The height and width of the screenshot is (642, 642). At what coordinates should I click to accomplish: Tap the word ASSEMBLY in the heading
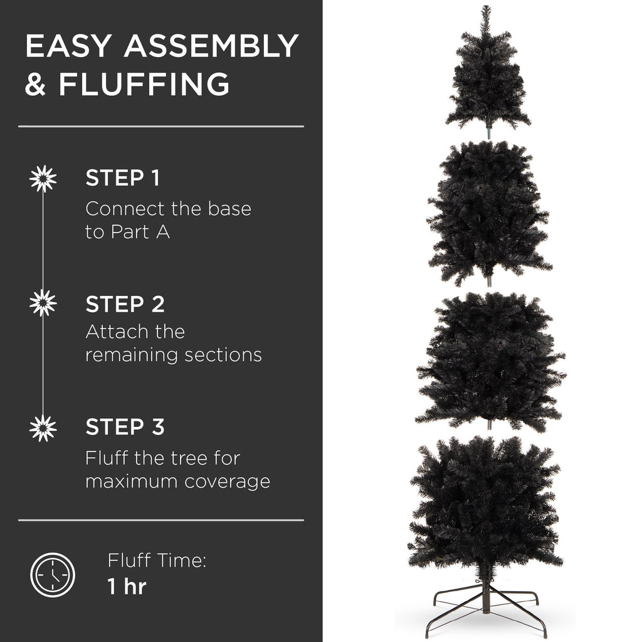211,47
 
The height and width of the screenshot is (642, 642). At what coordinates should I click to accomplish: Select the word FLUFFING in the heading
144,85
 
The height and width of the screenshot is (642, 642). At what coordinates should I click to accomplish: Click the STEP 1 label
122,179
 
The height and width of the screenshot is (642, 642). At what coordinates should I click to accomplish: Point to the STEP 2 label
125,304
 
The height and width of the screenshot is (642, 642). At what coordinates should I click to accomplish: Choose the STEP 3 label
125,427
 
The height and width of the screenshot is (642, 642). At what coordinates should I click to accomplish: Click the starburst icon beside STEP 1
43,179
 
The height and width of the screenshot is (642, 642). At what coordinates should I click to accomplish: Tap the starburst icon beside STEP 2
43,303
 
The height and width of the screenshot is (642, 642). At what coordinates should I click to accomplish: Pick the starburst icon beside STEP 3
43,428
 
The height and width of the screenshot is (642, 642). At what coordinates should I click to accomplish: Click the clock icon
53,574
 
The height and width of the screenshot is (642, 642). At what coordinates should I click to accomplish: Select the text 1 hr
127,587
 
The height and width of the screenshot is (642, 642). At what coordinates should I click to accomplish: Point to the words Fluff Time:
156,560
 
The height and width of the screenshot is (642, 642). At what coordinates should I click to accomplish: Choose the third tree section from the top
490,360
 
